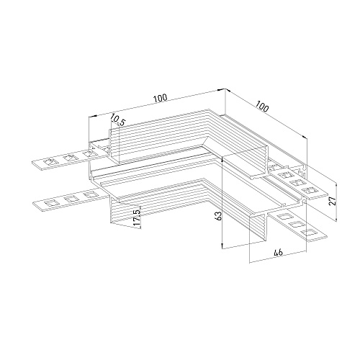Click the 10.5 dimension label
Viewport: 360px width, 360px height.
[118, 120]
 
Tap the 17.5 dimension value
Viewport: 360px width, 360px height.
[137, 218]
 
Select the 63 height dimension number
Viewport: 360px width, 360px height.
[219, 215]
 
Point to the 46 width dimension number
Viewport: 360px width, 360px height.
[278, 252]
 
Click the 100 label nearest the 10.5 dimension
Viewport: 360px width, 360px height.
[161, 98]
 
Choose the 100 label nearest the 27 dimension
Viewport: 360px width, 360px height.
[262, 107]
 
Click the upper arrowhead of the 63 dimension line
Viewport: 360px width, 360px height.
[222, 159]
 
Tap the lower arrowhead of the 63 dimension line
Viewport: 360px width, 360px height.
[222, 246]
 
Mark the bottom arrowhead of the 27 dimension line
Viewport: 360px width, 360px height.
[336, 218]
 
